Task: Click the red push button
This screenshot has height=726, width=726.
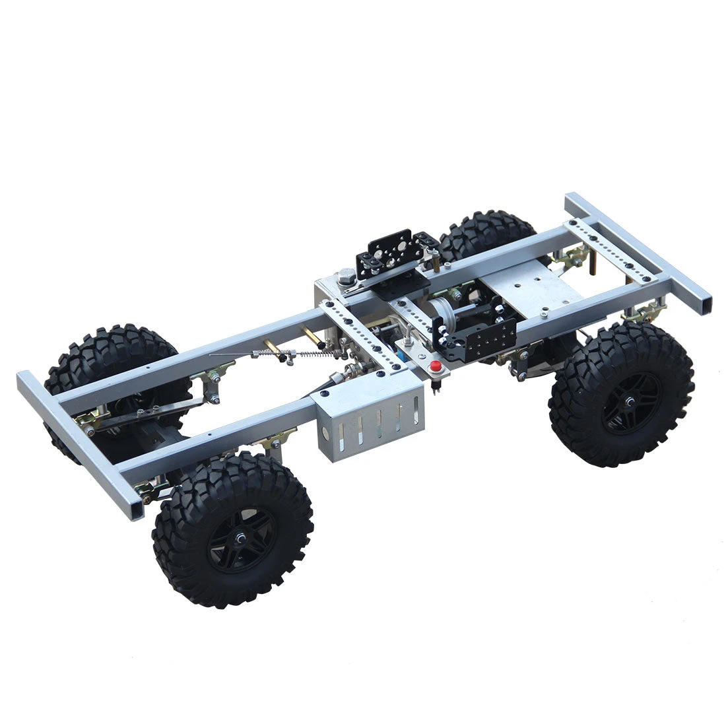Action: coord(435,367)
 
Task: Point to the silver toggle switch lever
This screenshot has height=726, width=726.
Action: coord(406,339)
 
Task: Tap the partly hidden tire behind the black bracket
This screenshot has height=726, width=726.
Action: coord(485,234)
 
